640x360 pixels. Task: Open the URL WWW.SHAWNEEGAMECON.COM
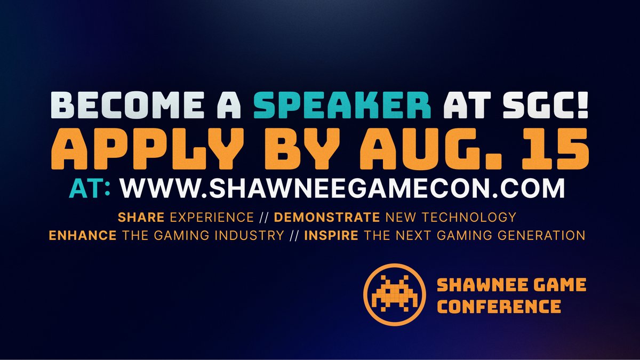tap(342, 189)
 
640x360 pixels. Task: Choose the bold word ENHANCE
tap(82, 235)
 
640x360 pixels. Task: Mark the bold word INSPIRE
tap(331, 235)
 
